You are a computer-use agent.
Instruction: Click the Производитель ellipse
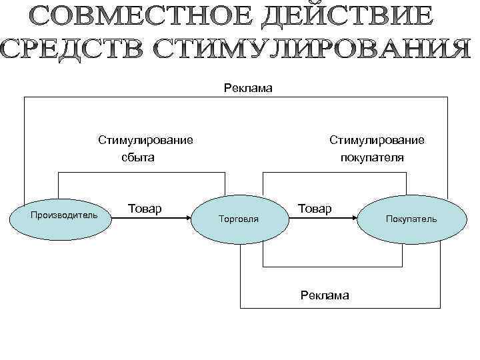tap(64, 216)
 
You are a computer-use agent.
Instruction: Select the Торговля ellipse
tap(239, 219)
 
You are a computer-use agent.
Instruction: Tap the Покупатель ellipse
tap(410, 219)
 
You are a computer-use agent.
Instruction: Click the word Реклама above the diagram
tap(248, 88)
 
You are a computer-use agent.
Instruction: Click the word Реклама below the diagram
tap(325, 295)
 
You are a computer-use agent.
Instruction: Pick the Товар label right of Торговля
tap(315, 209)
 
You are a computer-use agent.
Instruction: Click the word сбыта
tap(137, 158)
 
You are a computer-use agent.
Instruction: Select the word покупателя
tap(372, 158)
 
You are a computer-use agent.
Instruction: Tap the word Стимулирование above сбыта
tap(146, 140)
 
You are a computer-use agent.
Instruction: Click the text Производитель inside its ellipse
tap(64, 215)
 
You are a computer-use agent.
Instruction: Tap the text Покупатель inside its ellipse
tap(411, 219)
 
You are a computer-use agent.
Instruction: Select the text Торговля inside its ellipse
tap(239, 219)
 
